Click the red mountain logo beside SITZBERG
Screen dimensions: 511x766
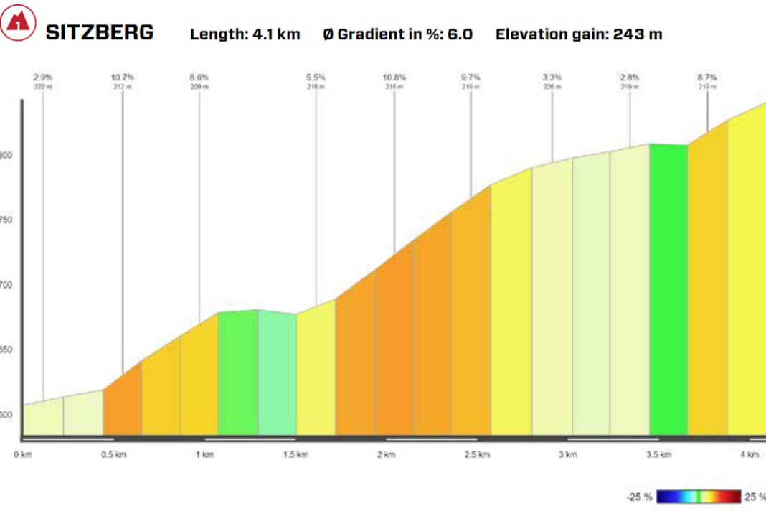pyautogui.click(x=18, y=25)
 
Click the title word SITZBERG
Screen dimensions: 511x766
pyautogui.click(x=100, y=32)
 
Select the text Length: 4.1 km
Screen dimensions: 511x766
pyautogui.click(x=245, y=34)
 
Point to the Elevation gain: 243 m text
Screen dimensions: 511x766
pyautogui.click(x=578, y=34)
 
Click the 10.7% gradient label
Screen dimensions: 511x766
pyautogui.click(x=123, y=77)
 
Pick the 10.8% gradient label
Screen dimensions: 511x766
pyautogui.click(x=394, y=77)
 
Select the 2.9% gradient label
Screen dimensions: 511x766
pyautogui.click(x=43, y=77)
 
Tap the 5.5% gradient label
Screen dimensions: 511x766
pyautogui.click(x=316, y=77)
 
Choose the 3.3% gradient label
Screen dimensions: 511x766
pyautogui.click(x=552, y=77)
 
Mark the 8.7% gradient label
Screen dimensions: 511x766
pyautogui.click(x=707, y=77)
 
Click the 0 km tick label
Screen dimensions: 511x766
pyautogui.click(x=24, y=454)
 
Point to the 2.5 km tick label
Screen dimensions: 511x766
pyautogui.click(x=476, y=454)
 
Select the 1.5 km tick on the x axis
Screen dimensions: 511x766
pyautogui.click(x=295, y=454)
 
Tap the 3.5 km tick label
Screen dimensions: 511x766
pyautogui.click(x=658, y=454)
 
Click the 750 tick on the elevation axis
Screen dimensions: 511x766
pyautogui.click(x=7, y=220)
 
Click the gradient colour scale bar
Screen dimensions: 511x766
pyautogui.click(x=699, y=497)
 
